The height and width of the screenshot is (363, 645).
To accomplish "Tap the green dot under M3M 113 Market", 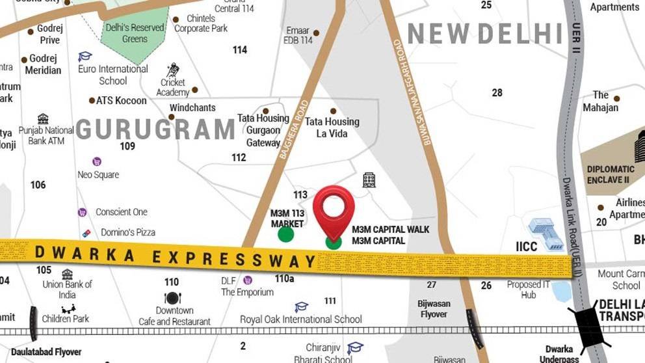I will click(x=285, y=235).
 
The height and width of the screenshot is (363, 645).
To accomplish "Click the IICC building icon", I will click(x=545, y=234).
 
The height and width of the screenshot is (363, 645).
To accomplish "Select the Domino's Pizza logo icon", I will click(x=86, y=232).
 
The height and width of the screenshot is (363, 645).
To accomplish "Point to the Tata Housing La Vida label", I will click(x=332, y=128).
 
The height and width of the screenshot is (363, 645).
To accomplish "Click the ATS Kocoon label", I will click(x=121, y=100).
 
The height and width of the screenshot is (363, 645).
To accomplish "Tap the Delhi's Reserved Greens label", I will click(x=135, y=33).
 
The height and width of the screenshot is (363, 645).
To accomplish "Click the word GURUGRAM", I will click(x=155, y=129).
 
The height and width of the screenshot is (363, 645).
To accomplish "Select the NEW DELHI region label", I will click(x=485, y=33).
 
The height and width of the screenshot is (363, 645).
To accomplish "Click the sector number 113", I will click(x=300, y=195).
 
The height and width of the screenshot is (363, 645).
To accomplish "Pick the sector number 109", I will click(x=127, y=146).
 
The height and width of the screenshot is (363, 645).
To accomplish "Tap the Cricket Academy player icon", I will click(x=173, y=70).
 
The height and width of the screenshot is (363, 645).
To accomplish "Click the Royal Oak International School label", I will click(x=300, y=319).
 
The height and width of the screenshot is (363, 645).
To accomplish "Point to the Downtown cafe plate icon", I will click(x=172, y=298).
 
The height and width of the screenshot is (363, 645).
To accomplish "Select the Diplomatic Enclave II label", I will click(x=611, y=174).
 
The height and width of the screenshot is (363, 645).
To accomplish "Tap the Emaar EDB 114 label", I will click(x=298, y=35).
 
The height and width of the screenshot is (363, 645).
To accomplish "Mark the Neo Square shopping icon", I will click(x=97, y=161).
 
